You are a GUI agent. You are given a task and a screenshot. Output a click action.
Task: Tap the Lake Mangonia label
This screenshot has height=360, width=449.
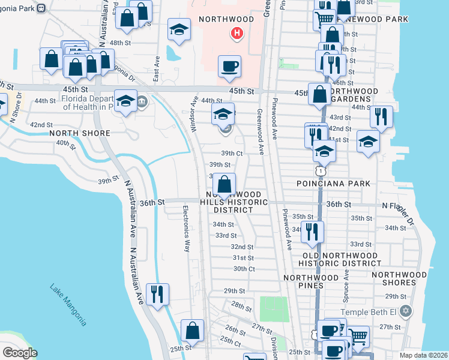pos(67,305)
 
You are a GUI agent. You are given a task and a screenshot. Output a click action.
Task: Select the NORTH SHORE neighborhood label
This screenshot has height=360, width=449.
pos(80,133)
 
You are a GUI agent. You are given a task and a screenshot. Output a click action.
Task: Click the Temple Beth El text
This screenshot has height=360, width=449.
pos(370,312)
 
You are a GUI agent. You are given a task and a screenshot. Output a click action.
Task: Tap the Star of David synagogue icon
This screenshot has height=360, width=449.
pos(406,311)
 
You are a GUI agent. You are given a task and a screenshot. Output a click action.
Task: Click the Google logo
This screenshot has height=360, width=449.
pos(19,352)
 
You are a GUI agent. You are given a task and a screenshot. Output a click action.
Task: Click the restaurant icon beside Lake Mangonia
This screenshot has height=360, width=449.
pos(157,295)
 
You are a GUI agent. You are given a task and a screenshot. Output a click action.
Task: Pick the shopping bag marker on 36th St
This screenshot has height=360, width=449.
pos(224,184)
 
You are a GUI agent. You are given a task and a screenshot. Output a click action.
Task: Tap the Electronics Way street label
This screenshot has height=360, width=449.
pos(187,228)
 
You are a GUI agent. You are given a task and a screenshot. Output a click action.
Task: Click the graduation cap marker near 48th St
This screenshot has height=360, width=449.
pos(179,29)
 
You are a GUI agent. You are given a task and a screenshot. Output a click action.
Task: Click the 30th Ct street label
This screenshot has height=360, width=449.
pos(244,269)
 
